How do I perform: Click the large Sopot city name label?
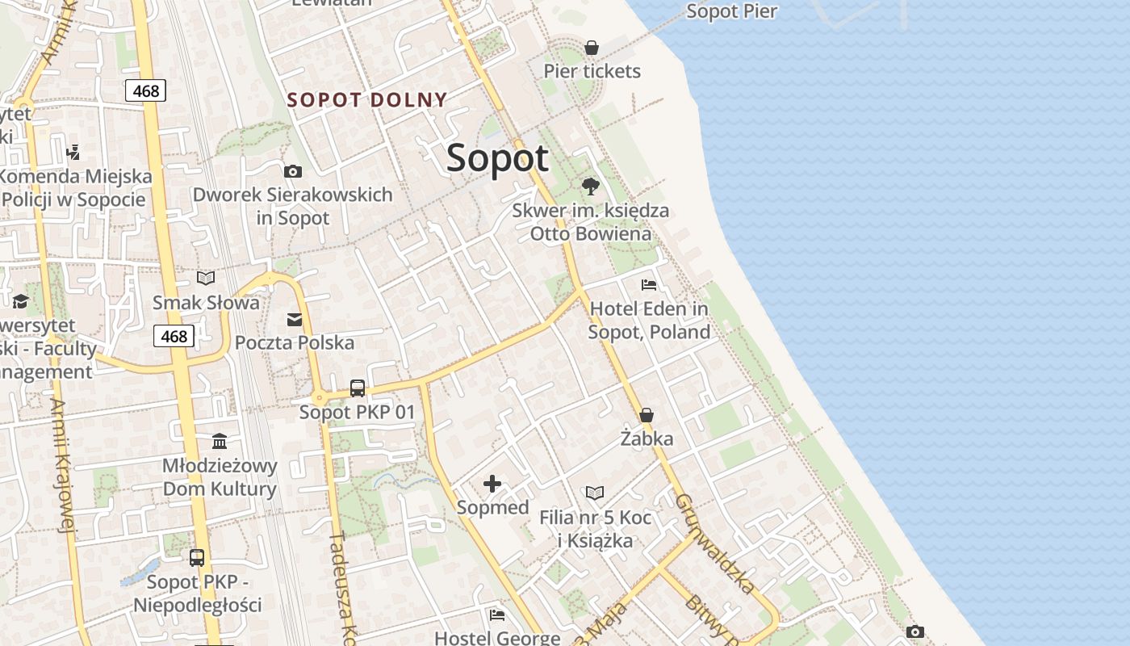tap(497, 157)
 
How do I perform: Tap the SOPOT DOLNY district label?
tap(367, 100)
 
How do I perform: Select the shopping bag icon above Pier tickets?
tap(592, 48)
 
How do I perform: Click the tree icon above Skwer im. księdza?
tap(591, 187)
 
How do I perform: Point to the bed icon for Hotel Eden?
tap(648, 284)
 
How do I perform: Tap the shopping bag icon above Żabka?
tap(646, 415)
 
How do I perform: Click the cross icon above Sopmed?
tap(492, 484)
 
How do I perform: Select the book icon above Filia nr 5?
tap(595, 493)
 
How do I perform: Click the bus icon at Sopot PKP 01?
tap(358, 388)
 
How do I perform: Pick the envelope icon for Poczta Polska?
tap(295, 320)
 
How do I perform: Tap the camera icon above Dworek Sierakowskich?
tap(292, 171)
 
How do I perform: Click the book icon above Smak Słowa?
tap(206, 279)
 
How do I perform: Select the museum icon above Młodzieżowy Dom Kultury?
tap(220, 441)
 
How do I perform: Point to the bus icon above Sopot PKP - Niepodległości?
tap(197, 557)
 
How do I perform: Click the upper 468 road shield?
tap(146, 90)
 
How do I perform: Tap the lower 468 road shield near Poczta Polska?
tap(174, 336)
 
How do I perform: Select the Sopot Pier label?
tap(731, 11)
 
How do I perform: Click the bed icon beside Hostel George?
tap(497, 615)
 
